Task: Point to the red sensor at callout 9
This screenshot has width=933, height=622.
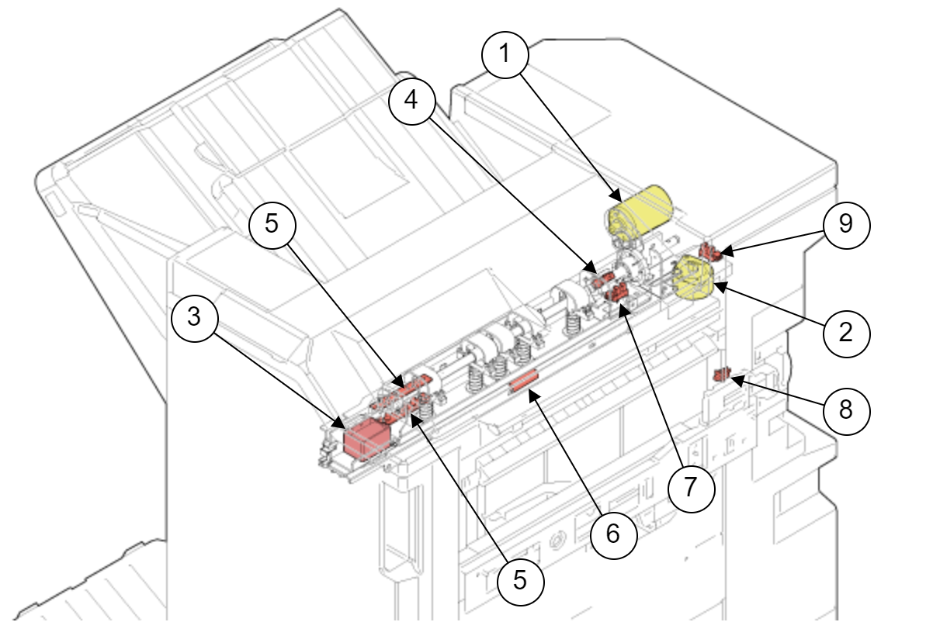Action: [708, 251]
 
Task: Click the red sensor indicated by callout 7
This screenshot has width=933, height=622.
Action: [619, 293]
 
